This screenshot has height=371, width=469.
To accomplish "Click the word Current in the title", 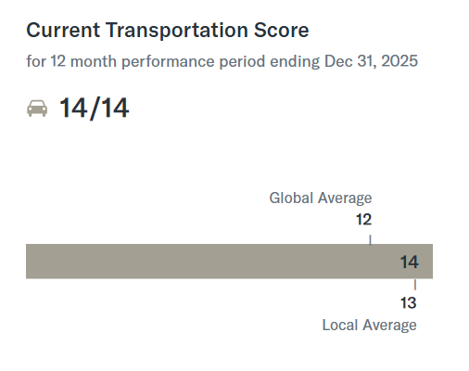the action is point(63,31).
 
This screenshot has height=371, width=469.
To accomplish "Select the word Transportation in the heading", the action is point(177,31).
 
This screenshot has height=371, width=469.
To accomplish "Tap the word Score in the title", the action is point(281,31).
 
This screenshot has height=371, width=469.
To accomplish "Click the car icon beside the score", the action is point(37,109).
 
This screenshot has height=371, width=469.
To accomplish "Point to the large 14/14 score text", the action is point(94,108).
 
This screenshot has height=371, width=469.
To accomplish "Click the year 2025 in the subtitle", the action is point(399,61).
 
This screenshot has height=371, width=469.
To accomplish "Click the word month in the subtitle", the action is point(94,61).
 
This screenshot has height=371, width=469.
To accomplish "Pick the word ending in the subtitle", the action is point(295,61).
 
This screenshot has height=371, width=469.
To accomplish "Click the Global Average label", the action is point(321,198).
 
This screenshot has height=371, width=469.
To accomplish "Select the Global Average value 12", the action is point(363,220).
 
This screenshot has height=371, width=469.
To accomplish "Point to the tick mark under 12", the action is point(370,239).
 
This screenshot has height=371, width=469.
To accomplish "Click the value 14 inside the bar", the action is point(410,262).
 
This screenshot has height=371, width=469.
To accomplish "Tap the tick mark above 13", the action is point(415,285).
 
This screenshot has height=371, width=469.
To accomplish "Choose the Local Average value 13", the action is point(409,302).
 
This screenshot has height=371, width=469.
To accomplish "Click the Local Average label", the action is point(370,326).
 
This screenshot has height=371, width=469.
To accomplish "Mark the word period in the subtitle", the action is point(242,61).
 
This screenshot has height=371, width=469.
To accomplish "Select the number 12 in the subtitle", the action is point(58,61).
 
